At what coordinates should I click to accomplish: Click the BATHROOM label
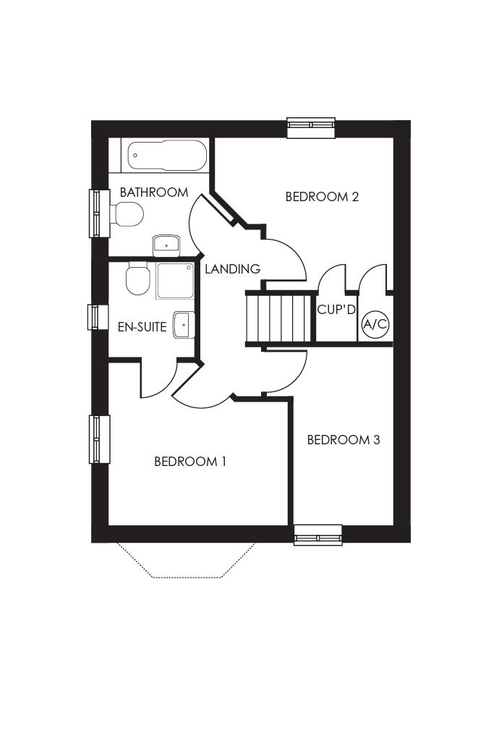point(154,192)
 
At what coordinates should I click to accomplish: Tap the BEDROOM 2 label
point(323,196)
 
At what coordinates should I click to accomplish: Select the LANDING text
point(232,269)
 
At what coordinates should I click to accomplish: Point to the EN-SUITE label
point(142,327)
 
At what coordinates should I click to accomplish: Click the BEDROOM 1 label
point(190,461)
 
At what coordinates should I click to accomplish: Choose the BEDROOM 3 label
point(344,440)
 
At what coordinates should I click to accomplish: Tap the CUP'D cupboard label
point(337,310)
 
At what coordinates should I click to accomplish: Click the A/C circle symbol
point(375,324)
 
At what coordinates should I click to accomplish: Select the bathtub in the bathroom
point(167,156)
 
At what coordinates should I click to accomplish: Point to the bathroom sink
point(166,245)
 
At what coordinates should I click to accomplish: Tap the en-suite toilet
point(137,279)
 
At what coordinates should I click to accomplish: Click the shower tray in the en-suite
point(176,281)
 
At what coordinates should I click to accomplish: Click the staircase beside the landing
point(279,318)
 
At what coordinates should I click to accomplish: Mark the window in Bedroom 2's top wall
point(311,128)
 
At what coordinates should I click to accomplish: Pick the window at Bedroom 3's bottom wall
point(317,535)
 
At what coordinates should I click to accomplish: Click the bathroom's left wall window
point(99,213)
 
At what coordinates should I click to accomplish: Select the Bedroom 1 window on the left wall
point(99,439)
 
